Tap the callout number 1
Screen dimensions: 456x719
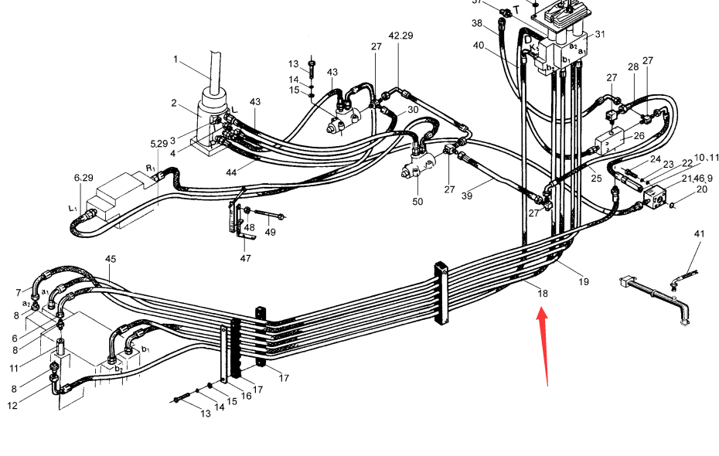coord(175,60)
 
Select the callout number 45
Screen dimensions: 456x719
coord(111,259)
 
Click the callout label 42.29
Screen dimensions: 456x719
coord(400,36)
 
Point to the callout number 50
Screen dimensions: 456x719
coord(417,202)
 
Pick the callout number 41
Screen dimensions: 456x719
coord(699,233)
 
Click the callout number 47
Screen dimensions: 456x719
coord(245,258)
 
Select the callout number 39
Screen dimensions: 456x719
coord(467,196)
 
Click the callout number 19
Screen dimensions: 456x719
coord(584,281)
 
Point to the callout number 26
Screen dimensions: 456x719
coord(639,137)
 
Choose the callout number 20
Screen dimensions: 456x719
coord(701,190)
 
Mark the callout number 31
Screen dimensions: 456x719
coord(600,34)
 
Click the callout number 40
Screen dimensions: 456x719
coord(479,45)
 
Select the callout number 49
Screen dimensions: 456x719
coord(270,233)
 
